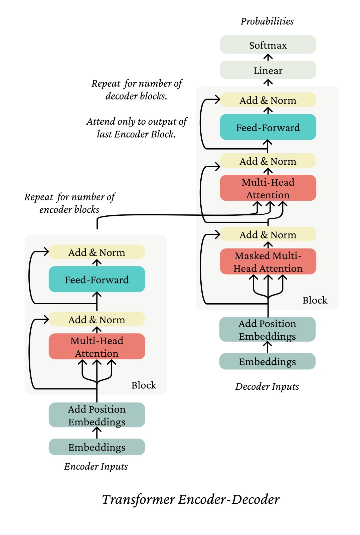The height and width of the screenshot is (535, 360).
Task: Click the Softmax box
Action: click(x=268, y=45)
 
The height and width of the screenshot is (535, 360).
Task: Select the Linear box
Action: click(x=268, y=70)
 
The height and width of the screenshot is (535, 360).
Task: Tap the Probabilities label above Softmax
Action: click(x=267, y=21)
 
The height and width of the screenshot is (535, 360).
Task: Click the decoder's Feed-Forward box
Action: click(x=268, y=127)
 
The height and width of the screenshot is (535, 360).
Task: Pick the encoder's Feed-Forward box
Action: click(x=97, y=279)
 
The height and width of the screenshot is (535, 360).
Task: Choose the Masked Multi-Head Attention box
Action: click(x=268, y=261)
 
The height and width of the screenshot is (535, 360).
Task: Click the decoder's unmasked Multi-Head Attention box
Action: click(x=268, y=188)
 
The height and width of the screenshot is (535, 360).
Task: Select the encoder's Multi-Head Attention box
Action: click(x=97, y=347)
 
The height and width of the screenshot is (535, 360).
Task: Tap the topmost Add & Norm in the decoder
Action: click(x=268, y=100)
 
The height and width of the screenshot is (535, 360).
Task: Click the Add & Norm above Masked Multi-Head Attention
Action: click(x=268, y=234)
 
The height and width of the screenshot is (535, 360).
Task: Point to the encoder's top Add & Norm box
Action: click(x=97, y=252)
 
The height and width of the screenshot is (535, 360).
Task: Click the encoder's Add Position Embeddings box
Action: click(x=97, y=415)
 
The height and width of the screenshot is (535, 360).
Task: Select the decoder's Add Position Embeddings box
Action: click(x=267, y=330)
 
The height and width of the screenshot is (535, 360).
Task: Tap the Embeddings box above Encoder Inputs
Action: click(x=97, y=447)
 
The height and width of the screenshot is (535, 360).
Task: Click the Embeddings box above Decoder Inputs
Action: click(x=267, y=361)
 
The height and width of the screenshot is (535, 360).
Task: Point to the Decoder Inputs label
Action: click(x=267, y=386)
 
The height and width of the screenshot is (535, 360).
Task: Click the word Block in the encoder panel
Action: click(x=144, y=385)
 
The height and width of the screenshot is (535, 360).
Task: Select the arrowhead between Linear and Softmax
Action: click(x=268, y=57)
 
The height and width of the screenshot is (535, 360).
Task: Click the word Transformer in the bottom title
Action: click(x=138, y=500)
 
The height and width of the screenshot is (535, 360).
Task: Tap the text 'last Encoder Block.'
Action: click(x=136, y=134)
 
